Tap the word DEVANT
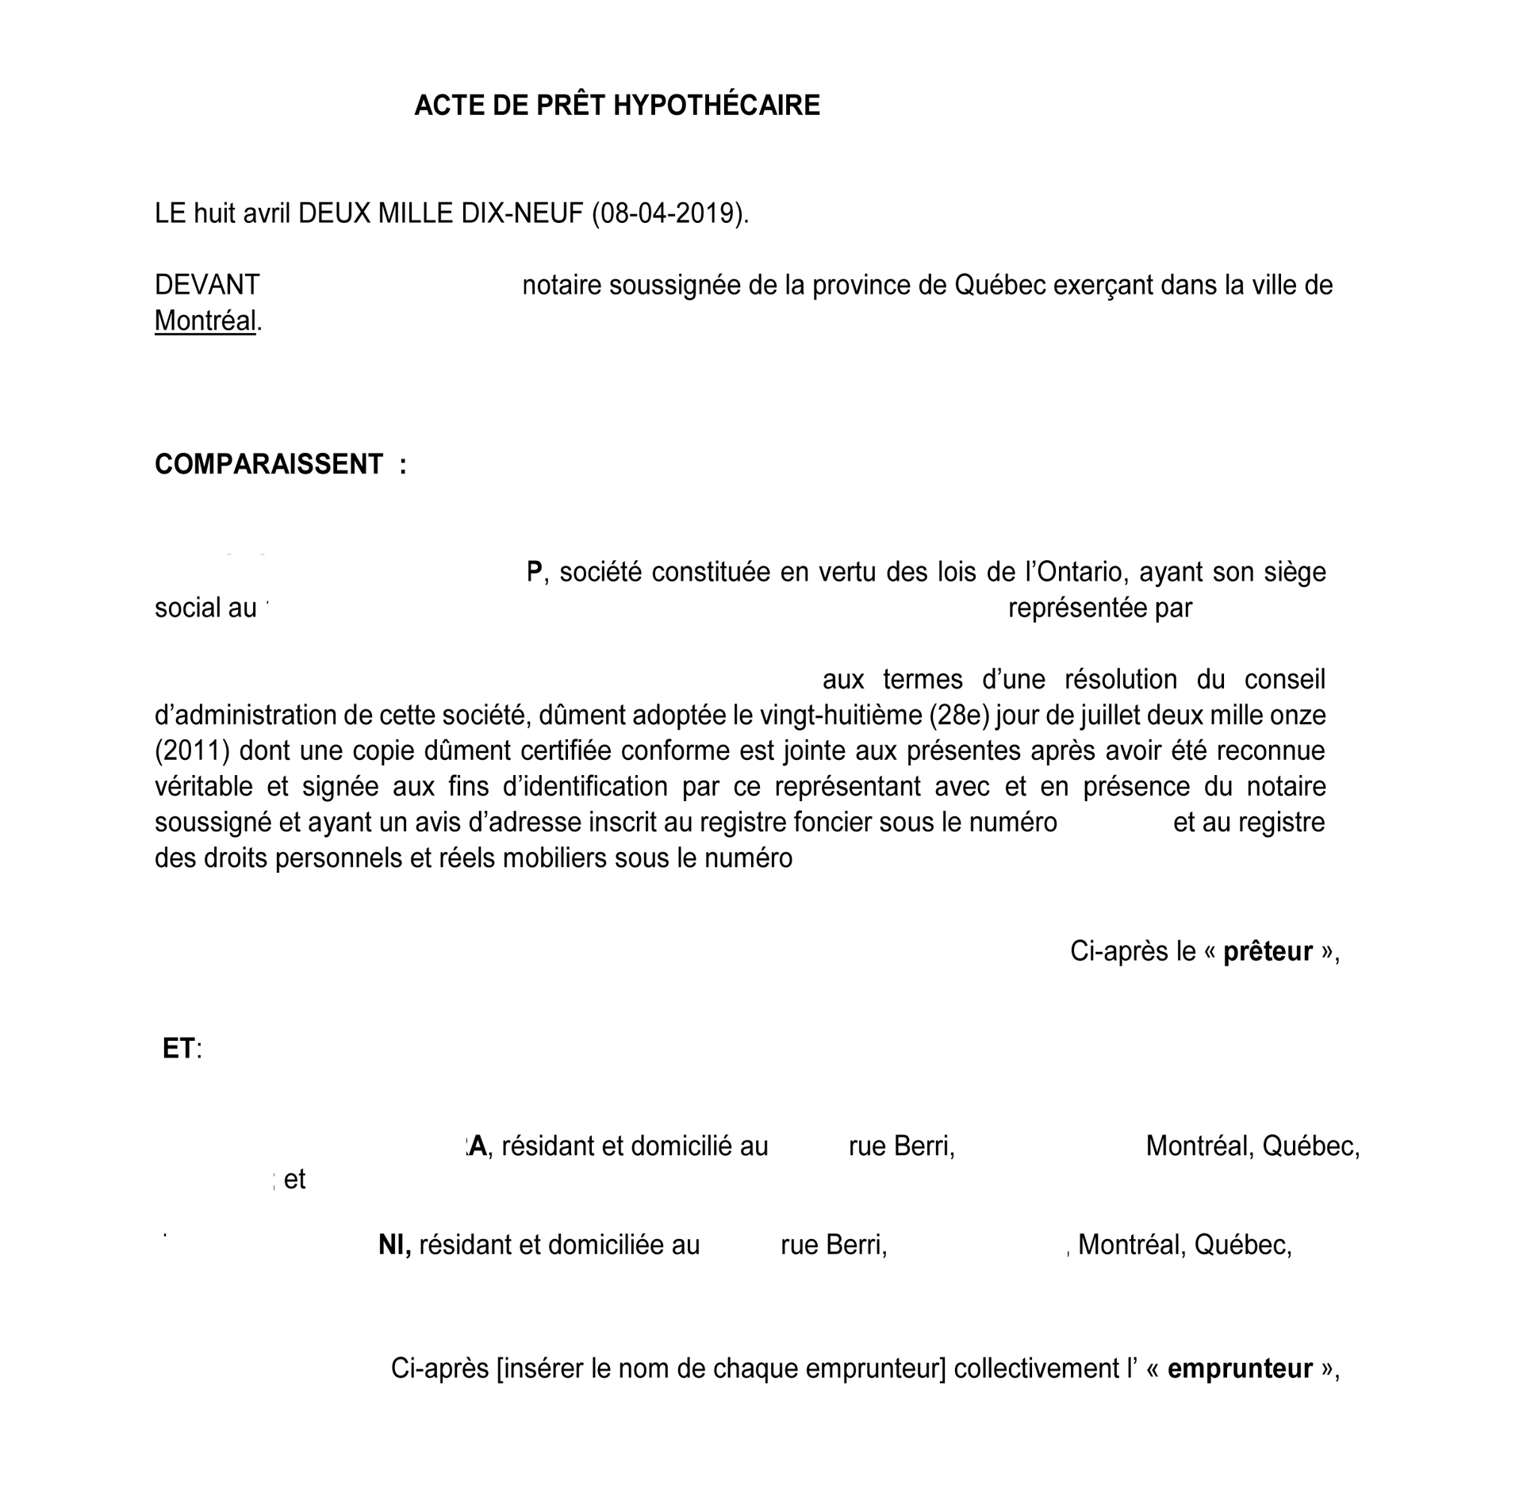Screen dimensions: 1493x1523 [207, 285]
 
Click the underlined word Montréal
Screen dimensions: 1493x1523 [205, 321]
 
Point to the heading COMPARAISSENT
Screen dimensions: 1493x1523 [269, 464]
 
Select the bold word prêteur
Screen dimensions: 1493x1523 [1268, 951]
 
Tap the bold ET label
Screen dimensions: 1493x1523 [178, 1049]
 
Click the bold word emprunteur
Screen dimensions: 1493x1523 [1240, 1368]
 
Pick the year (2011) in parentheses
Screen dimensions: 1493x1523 [192, 750]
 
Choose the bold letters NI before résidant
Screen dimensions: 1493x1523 [394, 1245]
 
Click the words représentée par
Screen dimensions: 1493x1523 [1099, 608]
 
